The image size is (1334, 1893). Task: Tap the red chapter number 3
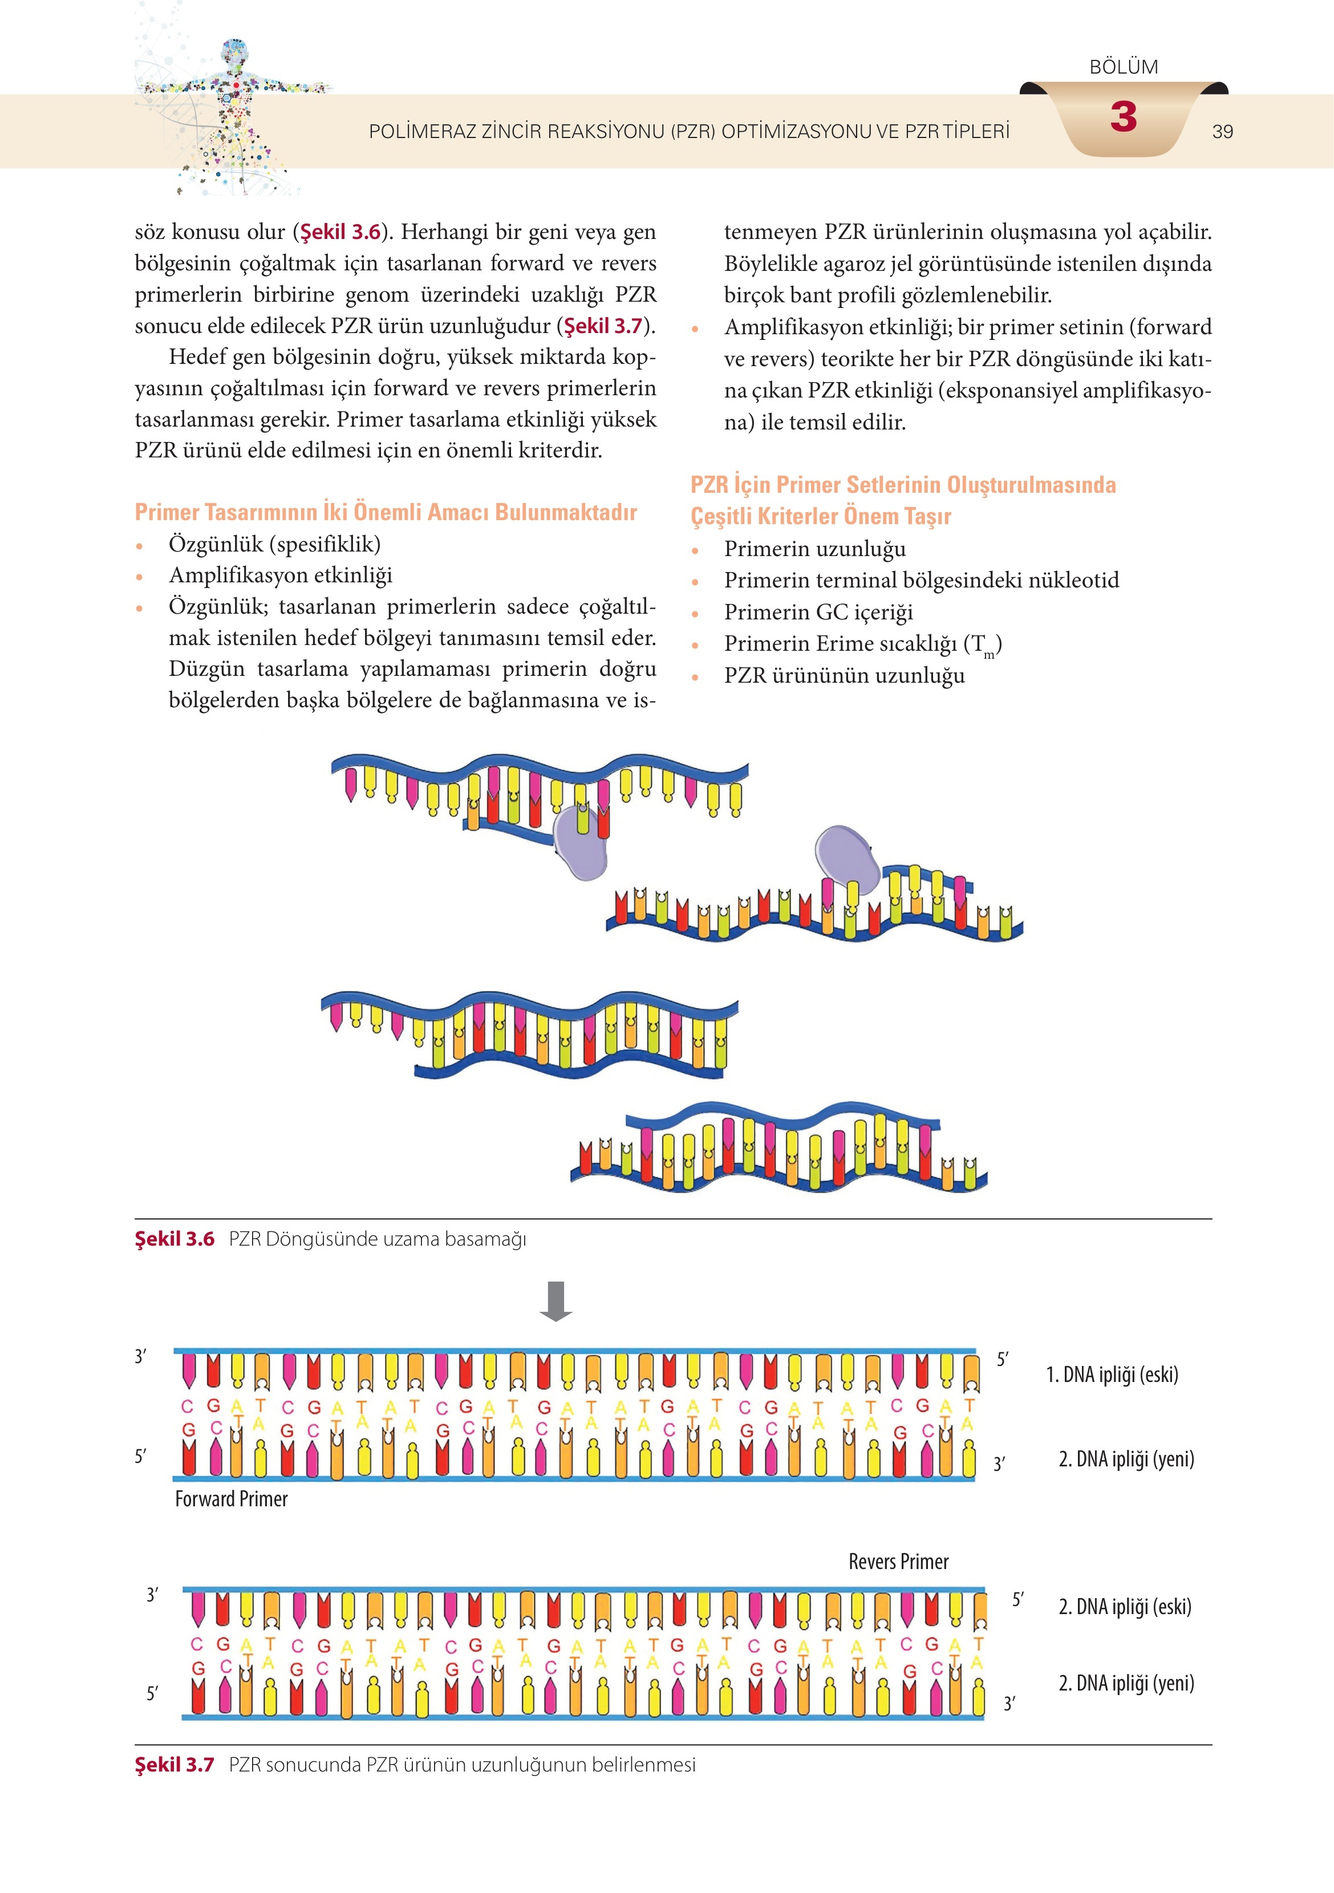1124,116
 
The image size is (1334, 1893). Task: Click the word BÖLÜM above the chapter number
1124,67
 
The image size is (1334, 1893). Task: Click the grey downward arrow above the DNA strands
556,1301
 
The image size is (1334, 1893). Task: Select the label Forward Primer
232,1499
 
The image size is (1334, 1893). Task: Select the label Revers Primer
899,1562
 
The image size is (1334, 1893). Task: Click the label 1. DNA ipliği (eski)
1112,1375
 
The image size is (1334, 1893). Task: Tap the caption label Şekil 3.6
175,1238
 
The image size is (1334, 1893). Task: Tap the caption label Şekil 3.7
175,1764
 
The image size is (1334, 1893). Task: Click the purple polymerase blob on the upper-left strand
579,842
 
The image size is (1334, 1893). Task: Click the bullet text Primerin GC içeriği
818,612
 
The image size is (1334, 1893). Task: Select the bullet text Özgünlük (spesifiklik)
274,544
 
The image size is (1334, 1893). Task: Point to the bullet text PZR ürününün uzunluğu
844,675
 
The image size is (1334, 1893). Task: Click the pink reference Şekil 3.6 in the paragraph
340,232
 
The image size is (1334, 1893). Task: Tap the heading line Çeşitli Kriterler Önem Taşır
821,516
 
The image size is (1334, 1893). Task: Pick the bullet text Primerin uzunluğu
814,549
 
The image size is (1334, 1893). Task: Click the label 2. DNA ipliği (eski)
1125,1606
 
